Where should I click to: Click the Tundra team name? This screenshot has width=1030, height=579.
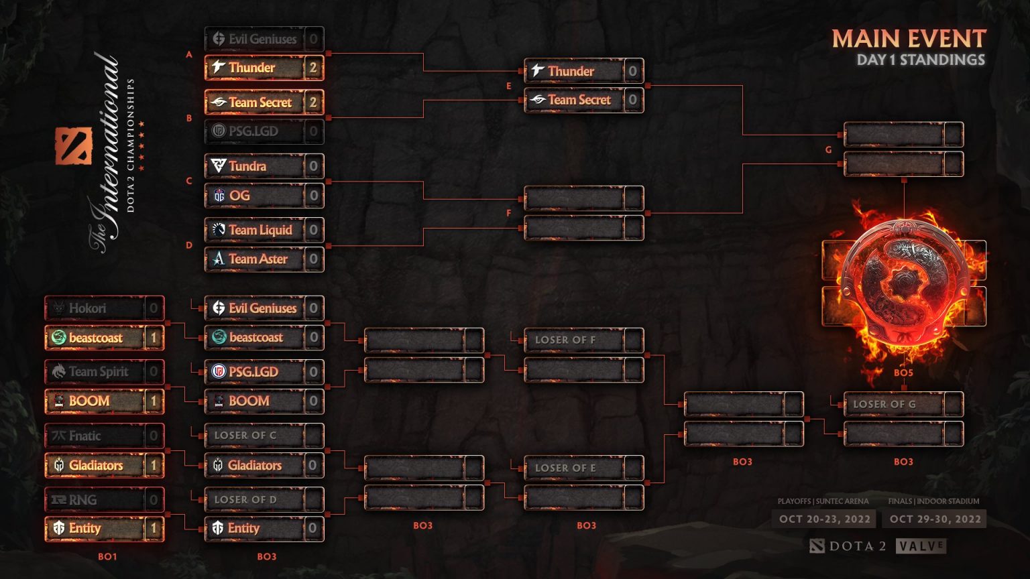pyautogui.click(x=247, y=166)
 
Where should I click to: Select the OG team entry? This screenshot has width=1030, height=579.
pyautogui.click(x=239, y=196)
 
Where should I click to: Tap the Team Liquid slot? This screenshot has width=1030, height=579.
pyautogui.click(x=260, y=230)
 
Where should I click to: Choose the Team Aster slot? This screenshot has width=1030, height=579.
pyautogui.click(x=258, y=259)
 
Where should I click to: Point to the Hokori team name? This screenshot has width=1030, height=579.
pyautogui.click(x=87, y=308)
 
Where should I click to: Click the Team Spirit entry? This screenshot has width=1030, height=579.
pyautogui.click(x=98, y=372)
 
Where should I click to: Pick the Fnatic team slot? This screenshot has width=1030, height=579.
pyautogui.click(x=85, y=436)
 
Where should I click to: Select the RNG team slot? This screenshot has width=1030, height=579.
pyautogui.click(x=83, y=500)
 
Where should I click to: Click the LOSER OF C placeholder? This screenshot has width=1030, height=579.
pyautogui.click(x=245, y=436)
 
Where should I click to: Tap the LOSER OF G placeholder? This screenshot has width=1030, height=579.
pyautogui.click(x=884, y=404)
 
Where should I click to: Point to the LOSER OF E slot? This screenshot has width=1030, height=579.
pyautogui.click(x=565, y=468)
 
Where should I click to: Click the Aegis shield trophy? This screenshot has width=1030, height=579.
pyautogui.click(x=903, y=281)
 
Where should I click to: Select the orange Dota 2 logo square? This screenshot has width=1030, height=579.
pyautogui.click(x=73, y=145)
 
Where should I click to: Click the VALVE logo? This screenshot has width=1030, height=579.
pyautogui.click(x=921, y=546)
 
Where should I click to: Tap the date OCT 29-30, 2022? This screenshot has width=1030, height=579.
pyautogui.click(x=935, y=519)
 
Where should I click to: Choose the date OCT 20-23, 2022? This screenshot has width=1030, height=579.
pyautogui.click(x=825, y=519)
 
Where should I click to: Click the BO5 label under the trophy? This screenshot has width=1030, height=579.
pyautogui.click(x=903, y=373)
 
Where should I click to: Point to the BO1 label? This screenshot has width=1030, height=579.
pyautogui.click(x=107, y=556)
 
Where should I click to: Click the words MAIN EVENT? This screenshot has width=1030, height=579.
pyautogui.click(x=909, y=39)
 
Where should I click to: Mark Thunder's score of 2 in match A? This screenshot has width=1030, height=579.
pyautogui.click(x=312, y=68)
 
